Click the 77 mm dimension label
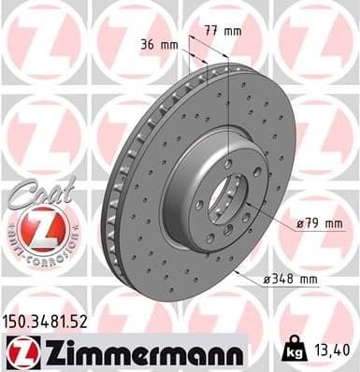tap(223, 32)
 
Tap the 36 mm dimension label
tap(159, 44)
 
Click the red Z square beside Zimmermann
tap(19, 352)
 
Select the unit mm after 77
tap(233, 32)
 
